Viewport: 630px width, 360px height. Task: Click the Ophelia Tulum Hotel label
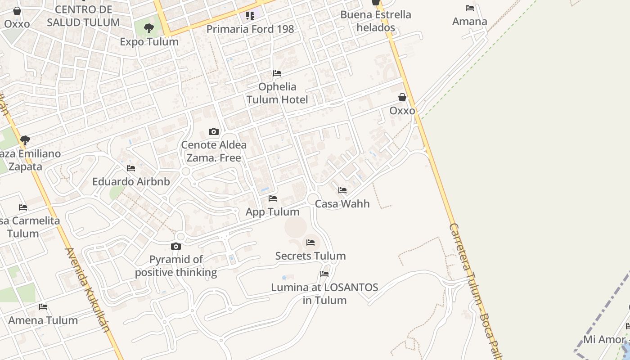pyautogui.click(x=277, y=93)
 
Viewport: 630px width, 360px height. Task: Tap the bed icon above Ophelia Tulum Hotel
pyautogui.click(x=277, y=73)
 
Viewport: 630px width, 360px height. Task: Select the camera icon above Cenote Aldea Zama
pyautogui.click(x=214, y=131)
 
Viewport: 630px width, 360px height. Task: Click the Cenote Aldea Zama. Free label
pyautogui.click(x=214, y=151)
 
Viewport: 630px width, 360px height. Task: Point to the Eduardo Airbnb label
pyautogui.click(x=131, y=182)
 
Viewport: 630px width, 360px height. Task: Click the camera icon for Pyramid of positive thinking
pyautogui.click(x=176, y=246)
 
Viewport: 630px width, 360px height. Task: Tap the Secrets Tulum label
pyautogui.click(x=310, y=256)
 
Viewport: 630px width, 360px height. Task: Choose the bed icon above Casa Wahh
pyautogui.click(x=342, y=190)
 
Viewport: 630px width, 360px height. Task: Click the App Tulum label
pyautogui.click(x=272, y=212)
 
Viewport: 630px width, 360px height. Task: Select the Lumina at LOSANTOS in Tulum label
pyautogui.click(x=324, y=293)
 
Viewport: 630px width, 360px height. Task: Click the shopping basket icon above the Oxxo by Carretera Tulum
pyautogui.click(x=402, y=97)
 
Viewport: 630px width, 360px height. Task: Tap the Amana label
pyautogui.click(x=469, y=22)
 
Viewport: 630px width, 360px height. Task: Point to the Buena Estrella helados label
pyautogui.click(x=376, y=21)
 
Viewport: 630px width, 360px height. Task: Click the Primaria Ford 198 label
pyautogui.click(x=250, y=29)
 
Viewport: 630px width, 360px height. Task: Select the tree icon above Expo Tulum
pyautogui.click(x=148, y=28)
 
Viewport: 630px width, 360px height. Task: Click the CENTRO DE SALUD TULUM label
pyautogui.click(x=83, y=16)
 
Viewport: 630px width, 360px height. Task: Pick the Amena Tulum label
pyautogui.click(x=43, y=320)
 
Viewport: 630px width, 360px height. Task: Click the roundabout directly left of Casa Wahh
pyautogui.click(x=313, y=199)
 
